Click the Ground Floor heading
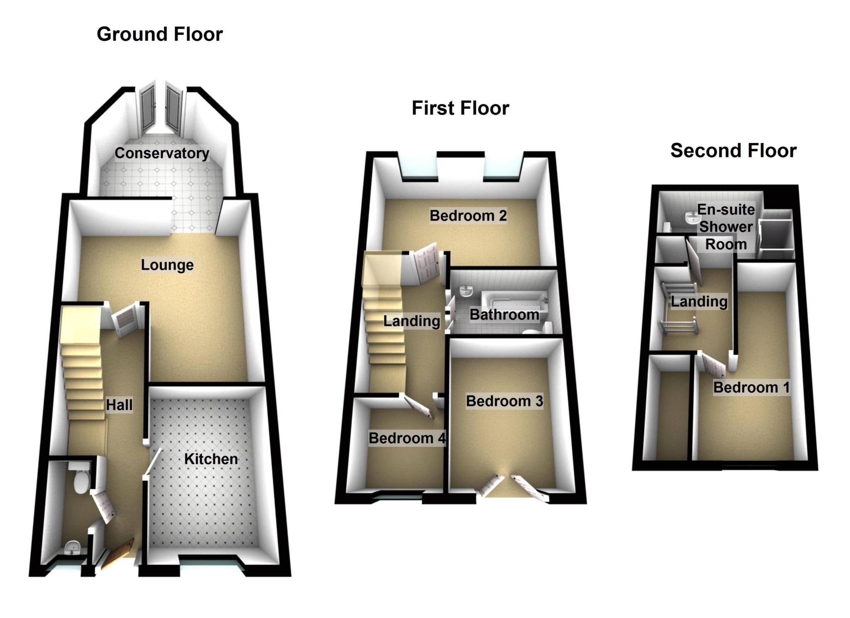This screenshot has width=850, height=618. pyautogui.click(x=160, y=34)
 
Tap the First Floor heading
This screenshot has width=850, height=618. pyautogui.click(x=460, y=108)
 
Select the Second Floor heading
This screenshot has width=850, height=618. pyautogui.click(x=733, y=151)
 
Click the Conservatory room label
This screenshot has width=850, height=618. pyautogui.click(x=162, y=153)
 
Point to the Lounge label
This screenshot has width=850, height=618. pyautogui.click(x=167, y=265)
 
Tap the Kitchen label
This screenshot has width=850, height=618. pyautogui.click(x=211, y=459)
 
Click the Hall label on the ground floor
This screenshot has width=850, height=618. pyautogui.click(x=119, y=405)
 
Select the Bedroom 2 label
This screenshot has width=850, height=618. pyautogui.click(x=468, y=216)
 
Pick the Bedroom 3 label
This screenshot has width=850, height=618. pyautogui.click(x=504, y=401)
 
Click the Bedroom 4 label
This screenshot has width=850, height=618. pyautogui.click(x=407, y=438)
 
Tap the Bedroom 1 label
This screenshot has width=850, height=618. pyautogui.click(x=752, y=387)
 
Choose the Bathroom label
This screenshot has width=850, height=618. pyautogui.click(x=504, y=315)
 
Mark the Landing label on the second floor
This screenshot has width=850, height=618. pyautogui.click(x=699, y=301)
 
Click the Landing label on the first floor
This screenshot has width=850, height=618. pyautogui.click(x=412, y=321)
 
